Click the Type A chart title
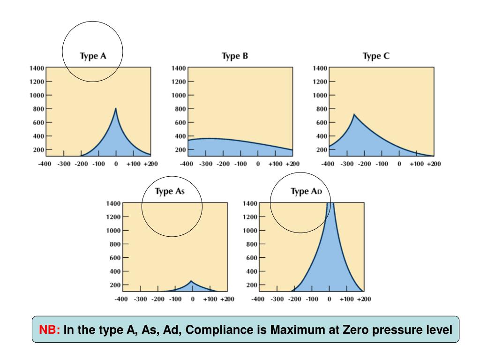coord(93,56)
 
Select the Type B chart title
coord(234,56)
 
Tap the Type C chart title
coord(376,56)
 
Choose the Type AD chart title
coord(307,192)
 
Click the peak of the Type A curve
coord(116,109)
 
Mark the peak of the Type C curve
coord(354,114)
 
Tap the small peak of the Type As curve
coord(191,281)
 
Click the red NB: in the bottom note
coord(49,330)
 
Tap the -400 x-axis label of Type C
coord(329,164)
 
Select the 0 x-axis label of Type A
coord(116,164)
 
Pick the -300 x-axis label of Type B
coord(205,164)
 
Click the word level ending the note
coord(439,330)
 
